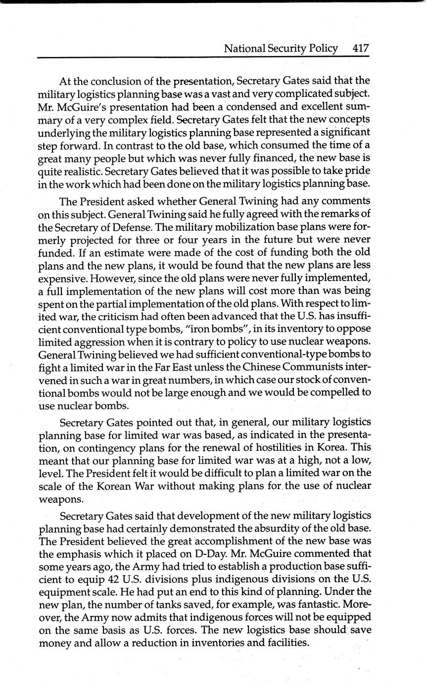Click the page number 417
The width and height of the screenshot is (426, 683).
click(361, 49)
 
